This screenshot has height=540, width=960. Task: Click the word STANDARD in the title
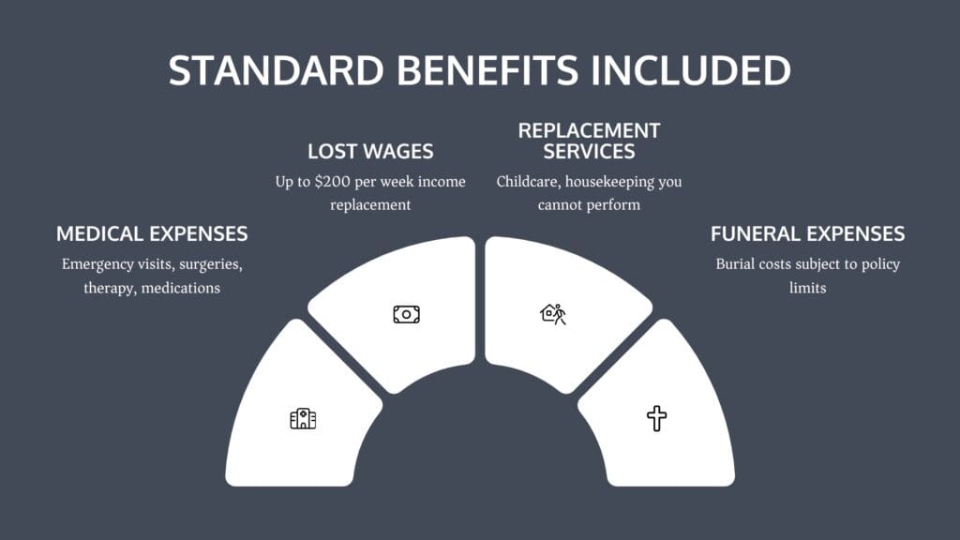tap(277, 70)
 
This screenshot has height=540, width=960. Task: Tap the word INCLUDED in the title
tap(691, 70)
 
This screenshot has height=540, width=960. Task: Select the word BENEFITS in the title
tap(487, 70)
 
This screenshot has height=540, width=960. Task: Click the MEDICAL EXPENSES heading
tap(152, 233)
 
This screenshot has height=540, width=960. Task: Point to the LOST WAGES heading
tap(370, 151)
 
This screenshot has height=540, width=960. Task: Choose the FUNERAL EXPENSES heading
tap(807, 233)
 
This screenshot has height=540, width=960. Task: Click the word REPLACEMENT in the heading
tap(589, 130)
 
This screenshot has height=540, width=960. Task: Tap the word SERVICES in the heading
tap(589, 151)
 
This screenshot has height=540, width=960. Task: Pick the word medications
tap(181, 288)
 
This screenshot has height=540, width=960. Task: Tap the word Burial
tap(735, 263)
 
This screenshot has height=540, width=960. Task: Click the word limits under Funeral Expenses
tap(807, 288)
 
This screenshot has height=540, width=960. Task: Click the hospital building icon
tap(303, 419)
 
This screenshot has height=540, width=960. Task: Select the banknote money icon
tap(407, 315)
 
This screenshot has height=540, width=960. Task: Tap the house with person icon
tap(553, 314)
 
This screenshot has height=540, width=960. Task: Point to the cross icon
tap(657, 419)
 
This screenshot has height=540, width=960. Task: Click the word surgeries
tap(211, 265)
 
